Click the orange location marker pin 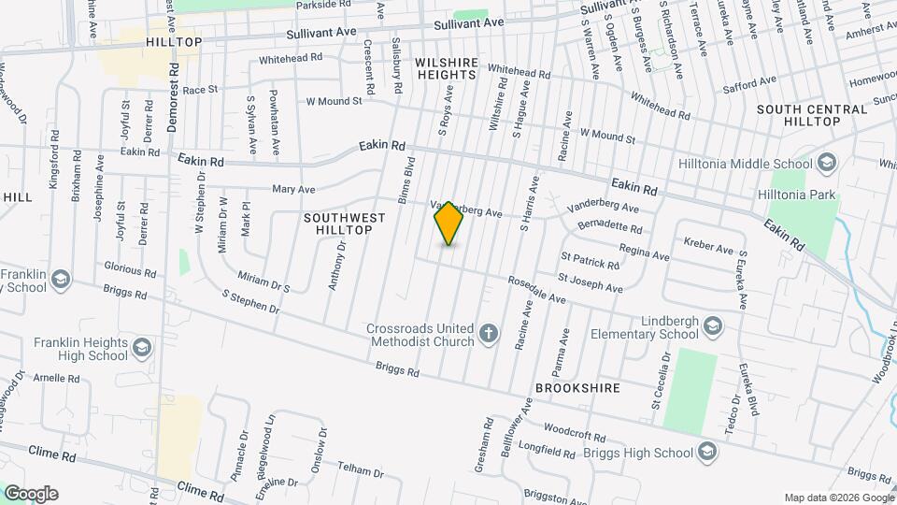[449, 224]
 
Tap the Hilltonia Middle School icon [825, 165]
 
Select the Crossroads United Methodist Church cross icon [488, 334]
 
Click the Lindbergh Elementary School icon [713, 326]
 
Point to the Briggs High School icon [707, 453]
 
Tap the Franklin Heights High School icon [142, 348]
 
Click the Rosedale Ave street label [537, 290]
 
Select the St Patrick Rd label [590, 259]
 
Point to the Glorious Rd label [129, 269]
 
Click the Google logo [31, 494]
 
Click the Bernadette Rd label [610, 226]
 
